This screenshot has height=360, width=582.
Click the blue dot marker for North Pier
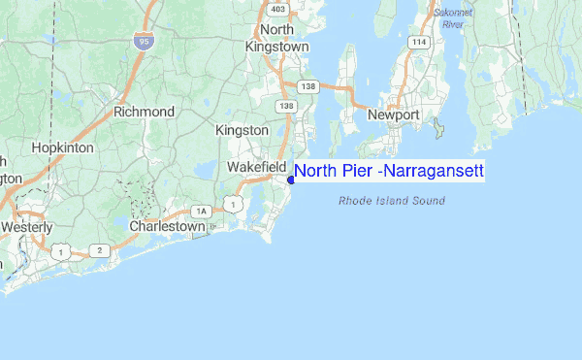291,179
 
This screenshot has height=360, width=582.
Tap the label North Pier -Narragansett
388,172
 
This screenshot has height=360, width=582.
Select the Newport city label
393,115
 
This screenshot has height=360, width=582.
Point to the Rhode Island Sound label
392,202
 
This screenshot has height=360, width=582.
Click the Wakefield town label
256,167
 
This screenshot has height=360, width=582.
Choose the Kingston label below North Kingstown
242,130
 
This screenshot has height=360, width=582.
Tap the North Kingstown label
276,38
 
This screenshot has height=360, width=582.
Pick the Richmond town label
144,112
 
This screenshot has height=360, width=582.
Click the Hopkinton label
62,147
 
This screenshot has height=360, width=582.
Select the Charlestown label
168,226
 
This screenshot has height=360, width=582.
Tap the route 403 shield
279,10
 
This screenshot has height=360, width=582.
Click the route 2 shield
98,249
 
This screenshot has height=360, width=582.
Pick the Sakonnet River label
452,18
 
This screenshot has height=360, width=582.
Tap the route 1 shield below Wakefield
233,202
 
